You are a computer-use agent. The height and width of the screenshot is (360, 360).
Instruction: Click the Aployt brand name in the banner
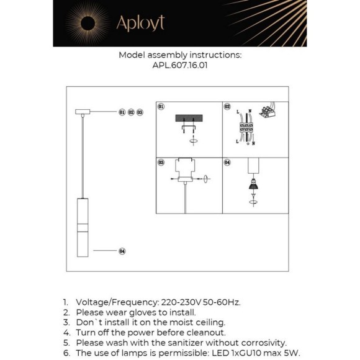(140, 24)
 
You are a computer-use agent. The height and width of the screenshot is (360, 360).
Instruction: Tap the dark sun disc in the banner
(88, 24)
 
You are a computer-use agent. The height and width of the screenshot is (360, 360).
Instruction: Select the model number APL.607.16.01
(180, 65)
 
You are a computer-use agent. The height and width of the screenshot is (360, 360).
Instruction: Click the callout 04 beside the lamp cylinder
(122, 251)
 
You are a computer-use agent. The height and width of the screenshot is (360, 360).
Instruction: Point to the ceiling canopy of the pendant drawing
(83, 112)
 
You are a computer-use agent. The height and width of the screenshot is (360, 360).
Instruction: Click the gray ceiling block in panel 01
(189, 118)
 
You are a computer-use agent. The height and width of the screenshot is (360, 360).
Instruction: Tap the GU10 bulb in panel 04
(253, 184)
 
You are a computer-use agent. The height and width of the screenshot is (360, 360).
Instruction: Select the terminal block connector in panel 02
(246, 127)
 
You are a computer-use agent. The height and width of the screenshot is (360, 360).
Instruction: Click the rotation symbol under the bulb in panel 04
(253, 202)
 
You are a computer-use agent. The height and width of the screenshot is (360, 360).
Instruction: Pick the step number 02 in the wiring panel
(227, 107)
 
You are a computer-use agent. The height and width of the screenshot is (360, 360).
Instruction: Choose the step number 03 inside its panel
(161, 163)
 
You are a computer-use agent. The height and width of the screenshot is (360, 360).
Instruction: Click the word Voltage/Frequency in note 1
(117, 302)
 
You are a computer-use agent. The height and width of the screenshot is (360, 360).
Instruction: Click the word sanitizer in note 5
(186, 343)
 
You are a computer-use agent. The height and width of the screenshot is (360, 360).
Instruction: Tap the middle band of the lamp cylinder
(83, 228)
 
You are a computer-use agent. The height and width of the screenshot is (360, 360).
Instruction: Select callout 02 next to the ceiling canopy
(131, 112)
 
